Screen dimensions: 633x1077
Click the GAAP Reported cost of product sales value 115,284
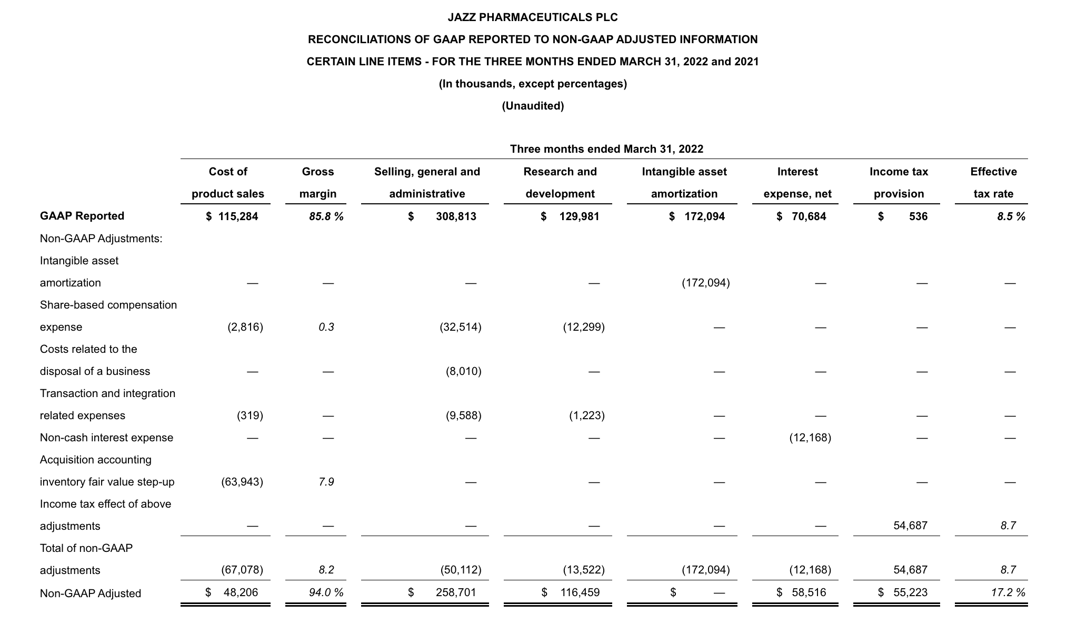click(x=238, y=216)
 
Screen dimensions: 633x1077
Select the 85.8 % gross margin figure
click(x=326, y=216)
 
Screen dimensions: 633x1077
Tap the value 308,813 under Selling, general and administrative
click(x=456, y=216)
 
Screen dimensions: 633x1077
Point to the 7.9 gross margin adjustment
click(x=326, y=482)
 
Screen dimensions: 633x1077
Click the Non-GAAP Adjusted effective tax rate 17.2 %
click(x=1008, y=592)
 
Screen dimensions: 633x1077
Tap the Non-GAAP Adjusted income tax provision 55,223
click(x=910, y=592)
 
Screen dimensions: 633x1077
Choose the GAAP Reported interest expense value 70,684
click(x=809, y=216)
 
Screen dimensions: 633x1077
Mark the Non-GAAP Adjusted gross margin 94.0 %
click(x=326, y=592)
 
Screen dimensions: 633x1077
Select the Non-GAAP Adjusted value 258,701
click(x=456, y=592)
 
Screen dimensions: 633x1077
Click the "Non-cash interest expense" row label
click(x=106, y=438)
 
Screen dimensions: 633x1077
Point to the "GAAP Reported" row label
click(x=82, y=216)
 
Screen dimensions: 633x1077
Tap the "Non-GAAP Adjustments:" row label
click(x=101, y=239)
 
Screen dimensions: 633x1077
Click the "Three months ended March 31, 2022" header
click(x=606, y=149)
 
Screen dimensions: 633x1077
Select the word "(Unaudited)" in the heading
click(x=533, y=106)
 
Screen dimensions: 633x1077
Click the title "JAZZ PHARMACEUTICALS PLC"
click(x=533, y=17)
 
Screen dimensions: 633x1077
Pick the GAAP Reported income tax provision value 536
click(x=918, y=216)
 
